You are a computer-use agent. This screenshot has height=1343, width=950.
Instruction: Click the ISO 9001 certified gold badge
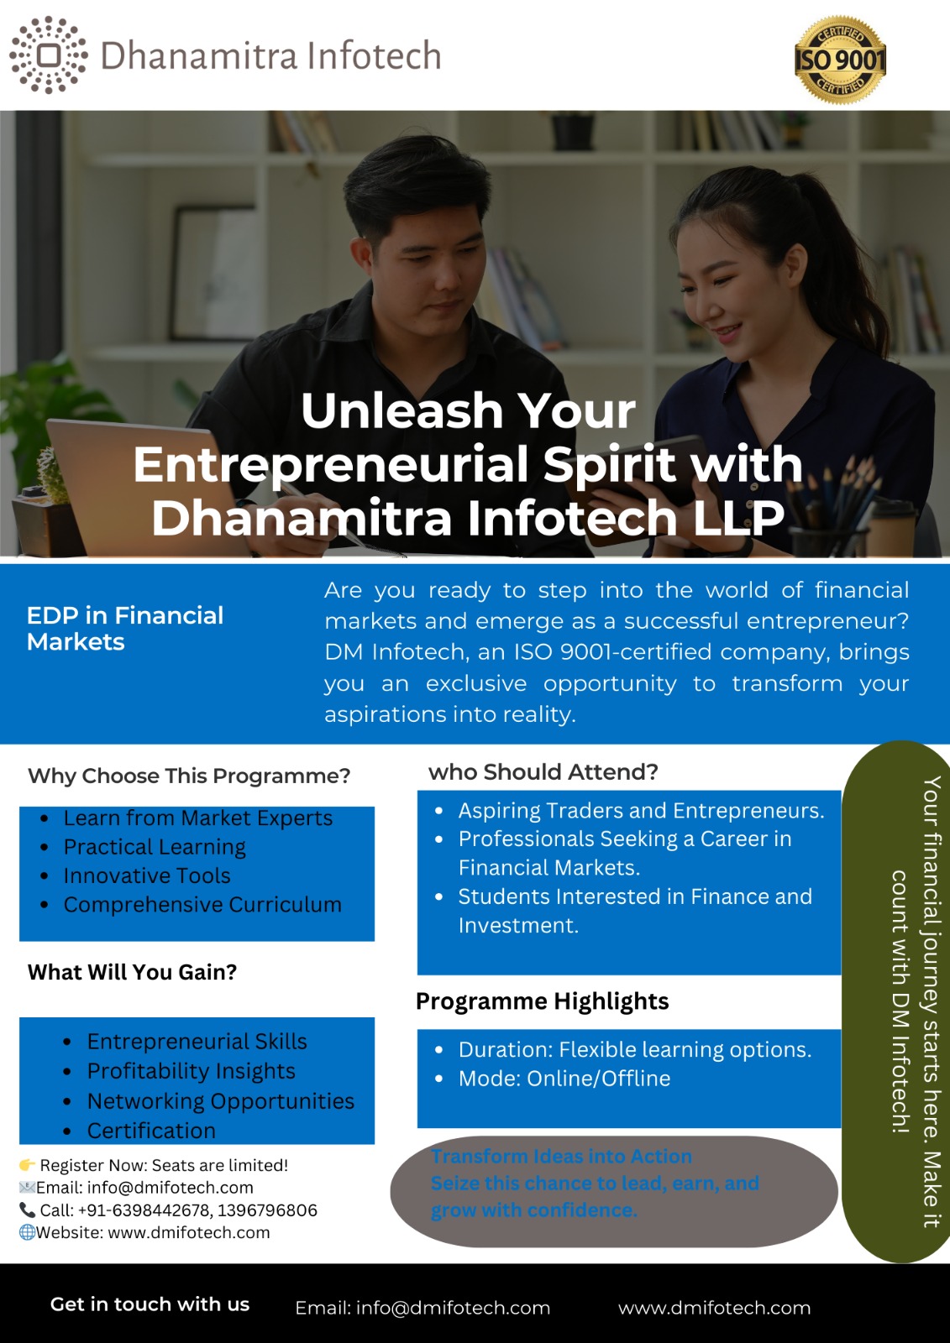tap(840, 60)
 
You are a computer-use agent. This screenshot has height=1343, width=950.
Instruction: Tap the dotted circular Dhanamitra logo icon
tap(49, 55)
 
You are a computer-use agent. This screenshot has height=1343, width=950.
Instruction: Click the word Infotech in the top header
tap(375, 55)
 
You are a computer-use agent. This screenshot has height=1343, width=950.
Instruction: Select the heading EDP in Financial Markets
tap(125, 629)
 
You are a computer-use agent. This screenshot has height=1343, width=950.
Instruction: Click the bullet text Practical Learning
tap(155, 847)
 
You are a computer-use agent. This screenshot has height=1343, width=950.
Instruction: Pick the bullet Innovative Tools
tap(147, 875)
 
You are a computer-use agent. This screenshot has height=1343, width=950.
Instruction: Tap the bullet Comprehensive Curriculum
tap(202, 904)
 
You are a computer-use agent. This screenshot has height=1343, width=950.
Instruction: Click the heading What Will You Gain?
tap(132, 971)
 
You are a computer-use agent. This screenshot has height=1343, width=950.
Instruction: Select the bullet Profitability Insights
tap(191, 1071)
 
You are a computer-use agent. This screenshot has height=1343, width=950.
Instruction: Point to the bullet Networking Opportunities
tap(221, 1100)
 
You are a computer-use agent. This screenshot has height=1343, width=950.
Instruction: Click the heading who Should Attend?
tap(543, 771)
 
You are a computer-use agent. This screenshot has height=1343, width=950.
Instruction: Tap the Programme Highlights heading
tap(542, 1001)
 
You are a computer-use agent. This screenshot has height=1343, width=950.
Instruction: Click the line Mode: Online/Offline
tap(564, 1079)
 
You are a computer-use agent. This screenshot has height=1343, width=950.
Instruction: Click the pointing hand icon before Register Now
tap(27, 1164)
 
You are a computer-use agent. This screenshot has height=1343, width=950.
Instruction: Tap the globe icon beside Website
tap(27, 1232)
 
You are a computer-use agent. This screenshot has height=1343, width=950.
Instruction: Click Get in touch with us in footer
tap(150, 1304)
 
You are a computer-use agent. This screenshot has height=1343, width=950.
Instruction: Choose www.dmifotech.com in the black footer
tap(714, 1308)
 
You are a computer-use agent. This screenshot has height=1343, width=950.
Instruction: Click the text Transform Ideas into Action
tap(561, 1156)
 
